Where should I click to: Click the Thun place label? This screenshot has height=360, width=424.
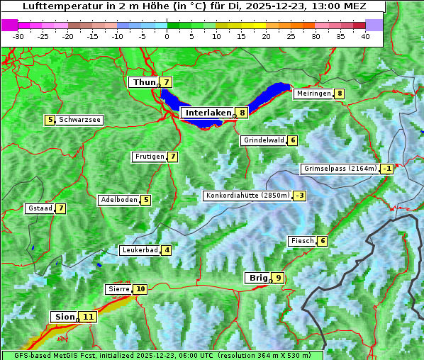[x=144, y=83]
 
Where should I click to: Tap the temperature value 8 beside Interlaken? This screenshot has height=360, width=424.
[x=242, y=113]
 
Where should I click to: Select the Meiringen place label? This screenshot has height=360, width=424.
[x=313, y=94]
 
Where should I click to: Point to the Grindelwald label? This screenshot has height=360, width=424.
[x=264, y=140]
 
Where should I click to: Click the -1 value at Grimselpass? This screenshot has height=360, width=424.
[x=386, y=169]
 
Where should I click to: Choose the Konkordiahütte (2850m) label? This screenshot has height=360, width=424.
[x=247, y=196]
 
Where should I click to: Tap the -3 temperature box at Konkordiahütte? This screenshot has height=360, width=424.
[x=301, y=196]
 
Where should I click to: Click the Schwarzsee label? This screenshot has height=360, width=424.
[x=79, y=120]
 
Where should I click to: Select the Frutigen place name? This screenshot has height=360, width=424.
[x=149, y=157]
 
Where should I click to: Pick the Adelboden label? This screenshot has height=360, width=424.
[x=118, y=200]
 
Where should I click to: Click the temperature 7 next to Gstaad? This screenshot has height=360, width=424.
[x=61, y=208]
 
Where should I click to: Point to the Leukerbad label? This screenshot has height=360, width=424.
[x=139, y=250]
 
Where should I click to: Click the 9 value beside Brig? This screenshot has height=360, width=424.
[x=279, y=278]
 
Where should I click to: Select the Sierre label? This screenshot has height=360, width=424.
[x=118, y=289]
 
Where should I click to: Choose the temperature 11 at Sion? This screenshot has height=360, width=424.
[x=88, y=317]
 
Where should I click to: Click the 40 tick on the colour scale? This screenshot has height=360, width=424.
[x=365, y=36]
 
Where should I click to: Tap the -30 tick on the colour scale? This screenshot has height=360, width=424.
[x=18, y=36]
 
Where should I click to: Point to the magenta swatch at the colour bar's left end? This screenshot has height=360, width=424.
[x=9, y=25]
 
